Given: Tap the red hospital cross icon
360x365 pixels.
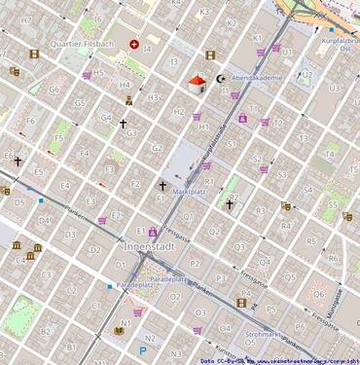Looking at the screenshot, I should (x=134, y=45).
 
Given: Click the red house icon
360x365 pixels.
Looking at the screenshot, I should (x=197, y=84).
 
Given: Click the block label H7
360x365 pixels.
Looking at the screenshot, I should (x=26, y=19).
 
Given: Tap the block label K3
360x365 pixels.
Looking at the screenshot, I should (x=203, y=13).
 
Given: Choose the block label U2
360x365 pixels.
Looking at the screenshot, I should (x=306, y=74).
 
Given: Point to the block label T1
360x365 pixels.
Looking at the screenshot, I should (x=254, y=109).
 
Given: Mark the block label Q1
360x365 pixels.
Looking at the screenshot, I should (x=189, y=217).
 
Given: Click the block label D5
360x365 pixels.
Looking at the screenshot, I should (x=19, y=203).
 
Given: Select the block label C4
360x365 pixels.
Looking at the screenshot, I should (x=19, y=259).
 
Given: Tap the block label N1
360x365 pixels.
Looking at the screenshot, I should (x=125, y=323).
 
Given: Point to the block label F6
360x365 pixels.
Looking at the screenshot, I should (x=30, y=121).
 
